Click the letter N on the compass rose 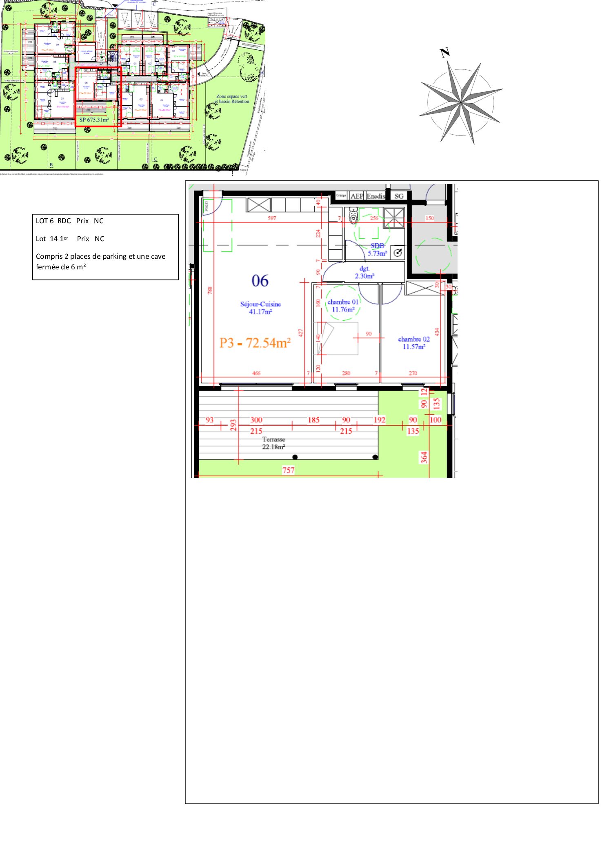[x=444, y=52]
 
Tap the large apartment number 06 [x=260, y=281]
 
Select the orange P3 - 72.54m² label [x=255, y=343]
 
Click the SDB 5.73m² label [x=377, y=249]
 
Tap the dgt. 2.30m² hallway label [x=364, y=272]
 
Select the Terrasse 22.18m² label [x=273, y=443]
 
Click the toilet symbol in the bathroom [x=353, y=215]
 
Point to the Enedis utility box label [x=375, y=196]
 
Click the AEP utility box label [x=357, y=196]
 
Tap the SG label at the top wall [x=399, y=196]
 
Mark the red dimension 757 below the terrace [x=288, y=470]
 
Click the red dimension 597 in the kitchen [x=272, y=218]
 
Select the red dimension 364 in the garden [x=424, y=457]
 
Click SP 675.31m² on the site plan [x=94, y=120]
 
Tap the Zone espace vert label [x=232, y=97]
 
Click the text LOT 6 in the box [x=44, y=221]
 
